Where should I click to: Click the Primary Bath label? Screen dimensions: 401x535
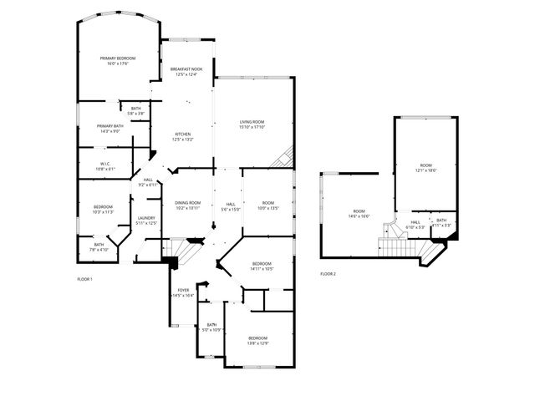[x=111, y=128]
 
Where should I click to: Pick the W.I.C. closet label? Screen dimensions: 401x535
[x=105, y=165]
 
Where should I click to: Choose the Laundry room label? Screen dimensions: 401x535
[x=147, y=221]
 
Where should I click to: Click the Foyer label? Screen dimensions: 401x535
[x=183, y=292]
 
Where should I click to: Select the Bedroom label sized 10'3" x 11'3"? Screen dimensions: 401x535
[x=103, y=209]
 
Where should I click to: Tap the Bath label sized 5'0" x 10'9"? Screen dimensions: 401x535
[x=212, y=327]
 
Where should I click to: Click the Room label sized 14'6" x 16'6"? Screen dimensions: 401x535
[x=359, y=213]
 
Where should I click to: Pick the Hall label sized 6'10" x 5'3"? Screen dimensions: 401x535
[x=415, y=225]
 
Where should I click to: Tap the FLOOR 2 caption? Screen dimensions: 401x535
[x=328, y=273]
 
